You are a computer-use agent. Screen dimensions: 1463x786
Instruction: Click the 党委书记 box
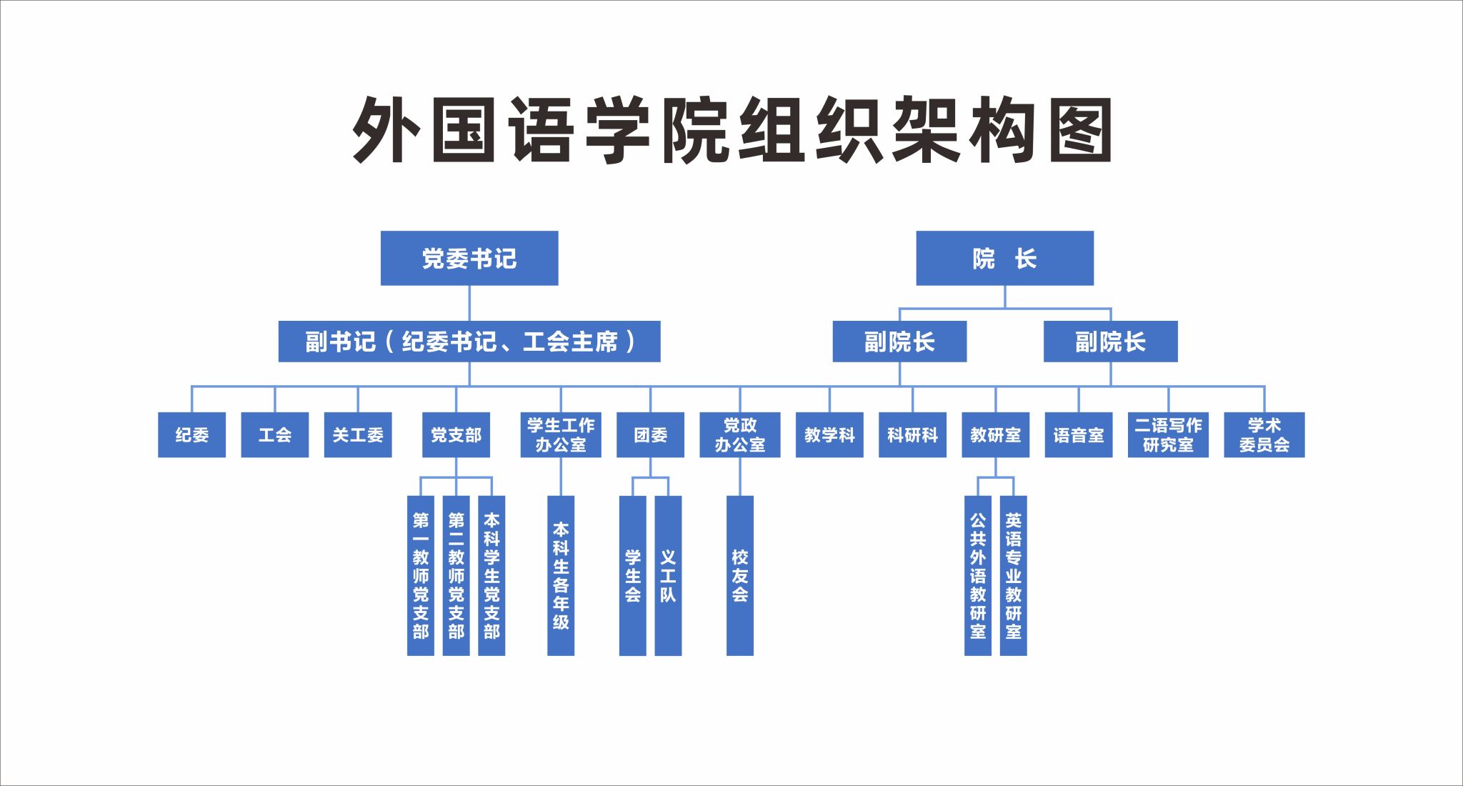click(x=469, y=258)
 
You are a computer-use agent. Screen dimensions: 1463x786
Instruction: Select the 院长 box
click(x=1004, y=258)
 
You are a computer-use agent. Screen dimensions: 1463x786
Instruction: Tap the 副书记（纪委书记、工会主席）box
click(x=469, y=342)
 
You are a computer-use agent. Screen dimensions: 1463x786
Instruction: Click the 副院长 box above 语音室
click(x=1110, y=342)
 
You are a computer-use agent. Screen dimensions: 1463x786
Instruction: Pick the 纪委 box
click(x=191, y=434)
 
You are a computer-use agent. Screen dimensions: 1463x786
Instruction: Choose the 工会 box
click(x=275, y=434)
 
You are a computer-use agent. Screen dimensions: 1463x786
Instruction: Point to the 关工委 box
click(x=358, y=434)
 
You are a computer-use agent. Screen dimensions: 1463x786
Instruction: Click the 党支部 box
click(x=456, y=434)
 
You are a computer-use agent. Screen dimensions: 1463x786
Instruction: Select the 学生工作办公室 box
click(x=561, y=434)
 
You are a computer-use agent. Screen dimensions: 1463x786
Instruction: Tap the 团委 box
click(x=650, y=434)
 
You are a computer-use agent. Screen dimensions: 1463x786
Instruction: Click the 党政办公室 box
click(x=740, y=434)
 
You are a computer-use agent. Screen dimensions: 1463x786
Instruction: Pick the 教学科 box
click(x=829, y=434)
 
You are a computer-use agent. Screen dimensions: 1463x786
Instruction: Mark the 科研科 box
click(x=912, y=434)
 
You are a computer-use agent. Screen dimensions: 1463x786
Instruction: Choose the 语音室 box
click(x=1079, y=434)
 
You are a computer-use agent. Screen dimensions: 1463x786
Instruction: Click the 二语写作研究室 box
click(x=1168, y=434)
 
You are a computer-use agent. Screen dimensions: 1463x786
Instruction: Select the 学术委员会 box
click(x=1264, y=434)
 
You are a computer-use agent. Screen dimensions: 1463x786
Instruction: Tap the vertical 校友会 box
click(x=740, y=575)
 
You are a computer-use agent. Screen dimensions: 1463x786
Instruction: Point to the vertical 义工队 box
click(x=668, y=575)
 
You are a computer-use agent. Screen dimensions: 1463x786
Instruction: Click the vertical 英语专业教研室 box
click(x=1014, y=575)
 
